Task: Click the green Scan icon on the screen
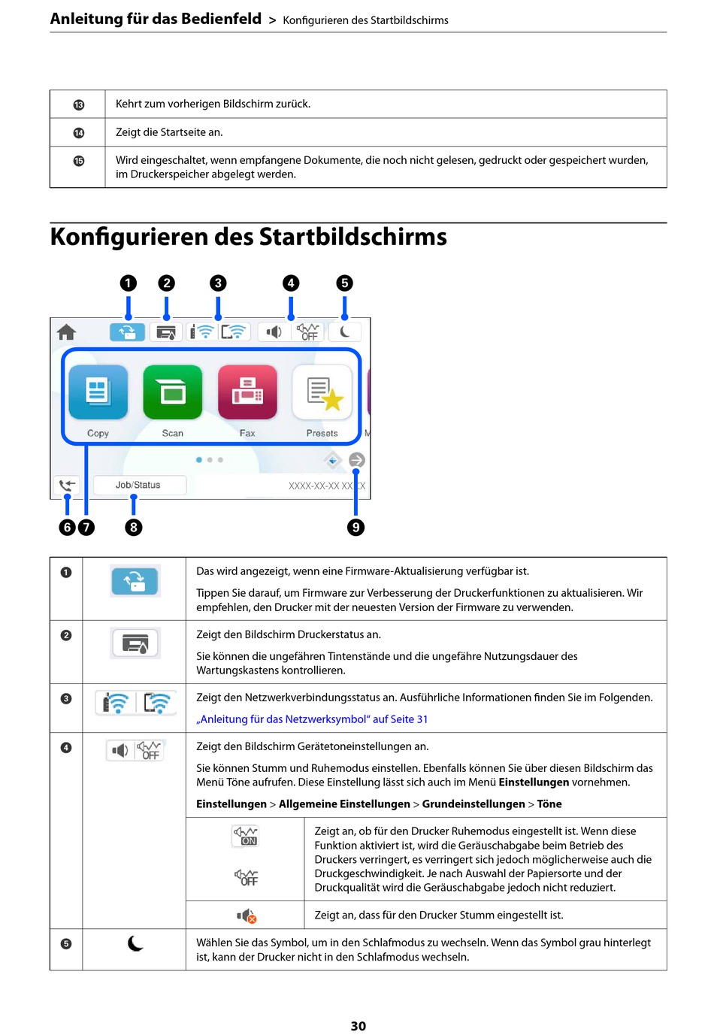[x=172, y=392]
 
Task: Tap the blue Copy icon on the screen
[x=98, y=392]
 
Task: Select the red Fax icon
[x=247, y=392]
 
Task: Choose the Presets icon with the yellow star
[x=322, y=392]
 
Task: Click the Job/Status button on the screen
[x=138, y=485]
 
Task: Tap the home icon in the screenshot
[x=67, y=331]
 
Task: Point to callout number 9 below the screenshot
[x=355, y=528]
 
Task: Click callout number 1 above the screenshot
[x=129, y=283]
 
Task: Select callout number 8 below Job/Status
[x=134, y=528]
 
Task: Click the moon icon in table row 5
[x=135, y=943]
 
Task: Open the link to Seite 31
[x=312, y=719]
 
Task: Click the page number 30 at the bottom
[x=359, y=1026]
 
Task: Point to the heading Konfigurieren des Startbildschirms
[x=248, y=237]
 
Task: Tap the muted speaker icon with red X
[x=247, y=915]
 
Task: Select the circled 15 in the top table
[x=78, y=161]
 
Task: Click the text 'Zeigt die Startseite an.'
[x=169, y=132]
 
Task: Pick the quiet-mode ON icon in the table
[x=246, y=836]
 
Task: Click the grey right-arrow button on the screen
[x=357, y=460]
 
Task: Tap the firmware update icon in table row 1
[x=135, y=581]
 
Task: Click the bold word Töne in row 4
[x=549, y=804]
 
